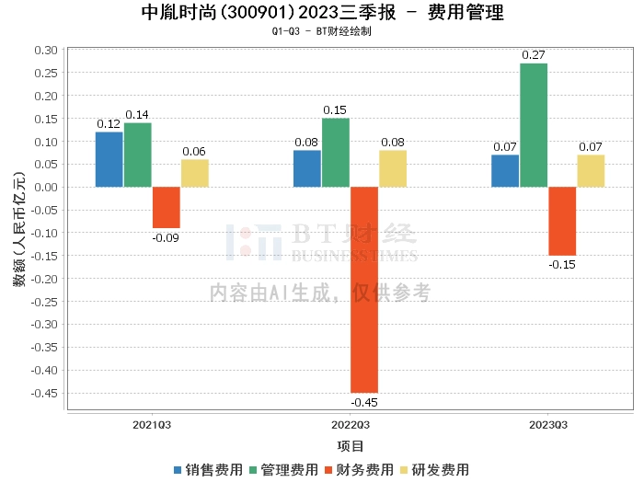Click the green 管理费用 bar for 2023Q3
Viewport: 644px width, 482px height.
pos(534,125)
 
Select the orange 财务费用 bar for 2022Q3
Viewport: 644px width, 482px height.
pos(364,290)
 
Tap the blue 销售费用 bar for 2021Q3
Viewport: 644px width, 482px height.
pos(109,160)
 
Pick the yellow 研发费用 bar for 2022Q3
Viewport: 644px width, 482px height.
pos(393,168)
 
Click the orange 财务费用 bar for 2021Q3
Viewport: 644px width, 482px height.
pos(167,207)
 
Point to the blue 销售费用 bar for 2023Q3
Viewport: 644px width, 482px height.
pos(505,171)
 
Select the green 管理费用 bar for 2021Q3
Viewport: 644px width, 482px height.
pos(138,155)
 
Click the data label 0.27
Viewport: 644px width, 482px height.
pos(533,55)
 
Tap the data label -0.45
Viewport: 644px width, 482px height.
pos(364,402)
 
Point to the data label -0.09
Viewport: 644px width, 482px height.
pos(166,237)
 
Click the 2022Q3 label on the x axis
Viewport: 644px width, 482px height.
pos(351,425)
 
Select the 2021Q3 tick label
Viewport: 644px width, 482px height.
pos(152,425)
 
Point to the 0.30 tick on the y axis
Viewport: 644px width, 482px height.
pos(46,50)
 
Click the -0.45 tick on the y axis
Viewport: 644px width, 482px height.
pos(44,393)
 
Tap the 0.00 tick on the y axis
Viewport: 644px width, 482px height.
pos(46,188)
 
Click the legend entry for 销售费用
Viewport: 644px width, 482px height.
pos(209,470)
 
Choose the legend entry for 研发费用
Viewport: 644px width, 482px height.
pos(435,470)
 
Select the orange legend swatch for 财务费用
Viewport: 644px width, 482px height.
pos(328,470)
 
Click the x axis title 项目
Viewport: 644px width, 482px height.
pos(351,446)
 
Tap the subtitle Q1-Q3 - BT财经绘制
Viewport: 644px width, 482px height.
pos(322,31)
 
